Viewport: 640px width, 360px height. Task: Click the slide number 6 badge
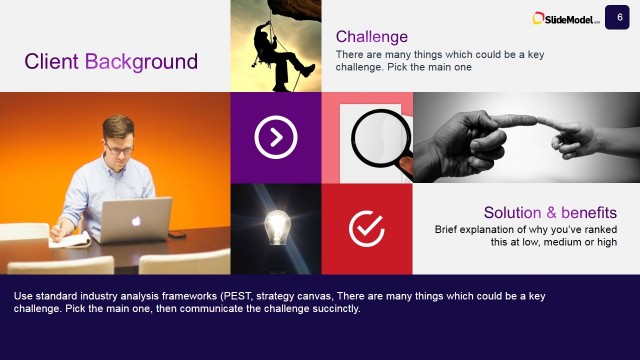pyautogui.click(x=619, y=16)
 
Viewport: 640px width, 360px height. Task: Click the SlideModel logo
pyautogui.click(x=566, y=18)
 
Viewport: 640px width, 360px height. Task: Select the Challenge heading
pyautogui.click(x=372, y=37)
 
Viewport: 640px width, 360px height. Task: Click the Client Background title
pyautogui.click(x=111, y=61)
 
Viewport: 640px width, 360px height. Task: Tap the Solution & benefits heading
pyautogui.click(x=550, y=213)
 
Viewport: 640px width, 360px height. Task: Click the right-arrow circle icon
pyautogui.click(x=276, y=138)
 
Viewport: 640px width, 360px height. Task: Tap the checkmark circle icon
pyautogui.click(x=367, y=229)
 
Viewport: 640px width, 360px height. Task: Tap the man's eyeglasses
pyautogui.click(x=118, y=144)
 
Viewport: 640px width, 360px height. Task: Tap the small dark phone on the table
pyautogui.click(x=177, y=234)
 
